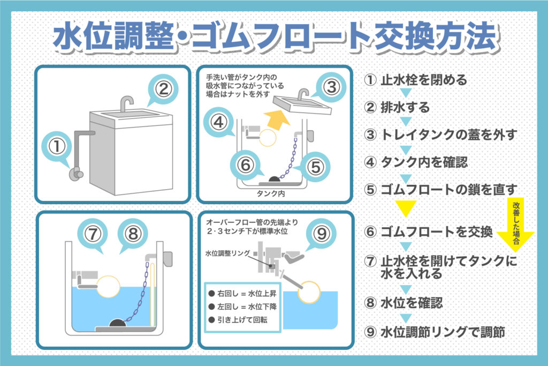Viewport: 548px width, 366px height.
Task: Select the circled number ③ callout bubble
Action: (x=331, y=86)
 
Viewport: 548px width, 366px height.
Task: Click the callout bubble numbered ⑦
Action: (x=94, y=234)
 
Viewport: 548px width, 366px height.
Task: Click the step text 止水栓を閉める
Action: (x=423, y=80)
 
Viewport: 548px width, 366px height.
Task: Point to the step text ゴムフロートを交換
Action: (x=436, y=232)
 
